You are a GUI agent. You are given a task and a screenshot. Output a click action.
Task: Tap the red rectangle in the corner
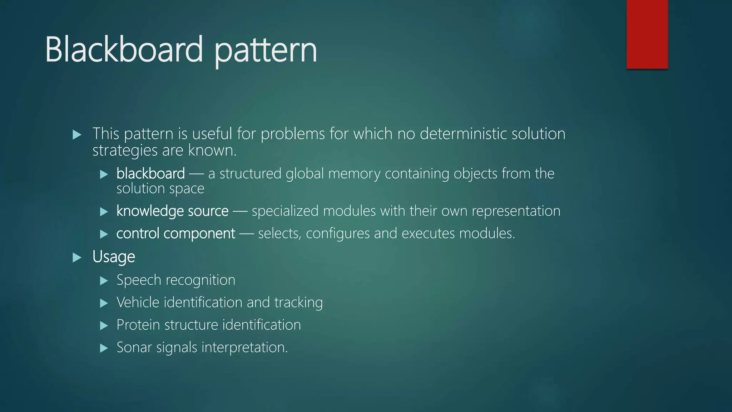pos(647,34)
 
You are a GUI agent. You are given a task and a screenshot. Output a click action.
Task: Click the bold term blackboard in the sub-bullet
pos(150,173)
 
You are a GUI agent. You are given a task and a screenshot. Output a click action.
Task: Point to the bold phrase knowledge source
pos(172,211)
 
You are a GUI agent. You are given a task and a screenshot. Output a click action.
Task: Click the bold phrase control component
pos(175,234)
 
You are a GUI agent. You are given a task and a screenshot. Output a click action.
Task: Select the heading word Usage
pos(114,257)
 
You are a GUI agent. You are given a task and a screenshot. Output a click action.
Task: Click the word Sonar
pos(134,347)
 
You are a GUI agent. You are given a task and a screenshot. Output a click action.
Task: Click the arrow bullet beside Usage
pos(77,257)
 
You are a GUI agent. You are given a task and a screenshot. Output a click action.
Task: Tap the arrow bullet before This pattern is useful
pos(77,135)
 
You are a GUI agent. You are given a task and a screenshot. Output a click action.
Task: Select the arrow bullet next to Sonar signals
pos(104,348)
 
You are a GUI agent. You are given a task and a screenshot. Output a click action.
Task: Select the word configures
pos(338,234)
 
